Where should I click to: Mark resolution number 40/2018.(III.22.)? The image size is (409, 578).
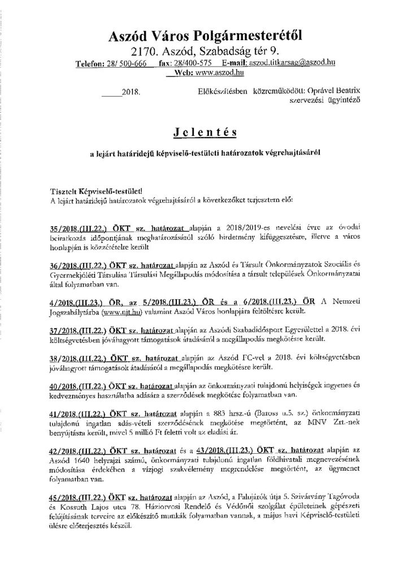(x=83, y=385)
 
